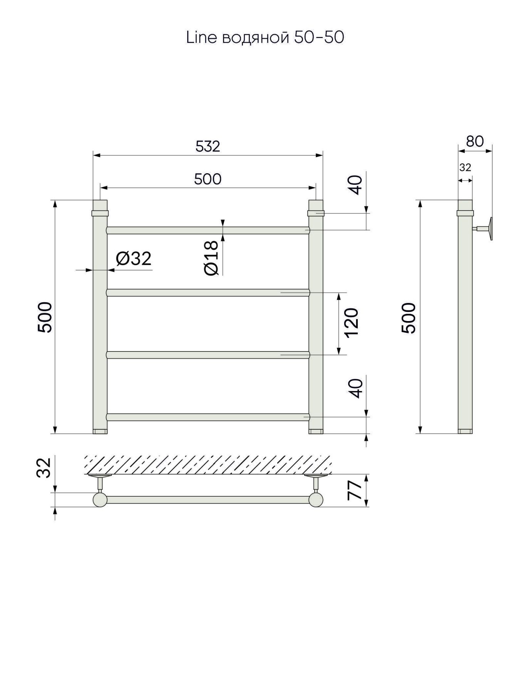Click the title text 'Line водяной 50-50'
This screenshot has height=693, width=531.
click(265, 38)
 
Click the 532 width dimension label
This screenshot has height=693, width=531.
click(208, 146)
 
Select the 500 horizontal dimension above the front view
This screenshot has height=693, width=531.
click(208, 179)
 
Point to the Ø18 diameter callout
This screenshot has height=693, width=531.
click(212, 258)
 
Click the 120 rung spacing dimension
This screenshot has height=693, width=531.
click(352, 323)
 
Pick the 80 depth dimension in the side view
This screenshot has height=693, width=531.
click(475, 141)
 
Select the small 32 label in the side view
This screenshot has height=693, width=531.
click(465, 167)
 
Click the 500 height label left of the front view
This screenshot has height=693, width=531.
click(45, 317)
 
